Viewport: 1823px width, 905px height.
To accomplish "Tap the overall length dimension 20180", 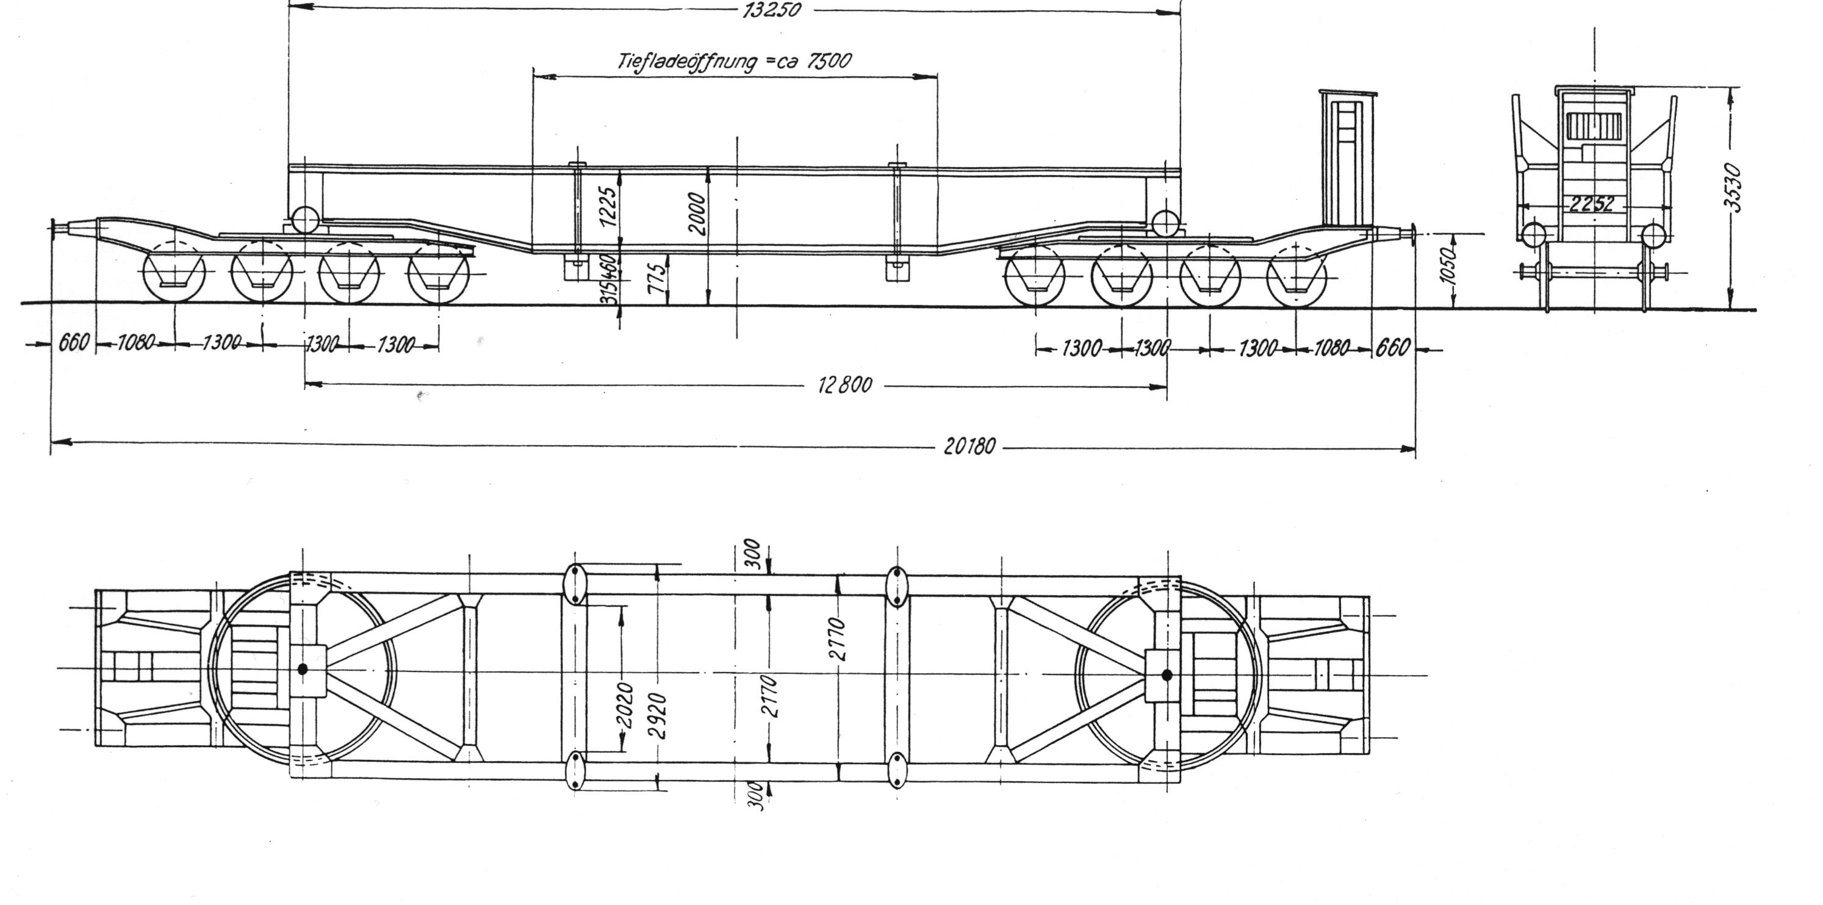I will tap(969, 446).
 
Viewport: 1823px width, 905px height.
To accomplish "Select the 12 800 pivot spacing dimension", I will tap(845, 385).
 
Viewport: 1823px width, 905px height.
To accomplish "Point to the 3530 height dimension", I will tap(1734, 187).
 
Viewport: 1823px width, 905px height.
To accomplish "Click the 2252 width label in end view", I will tap(1592, 204).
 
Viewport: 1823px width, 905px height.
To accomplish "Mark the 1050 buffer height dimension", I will tap(1450, 266).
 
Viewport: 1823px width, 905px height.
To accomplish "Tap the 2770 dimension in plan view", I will tap(840, 639).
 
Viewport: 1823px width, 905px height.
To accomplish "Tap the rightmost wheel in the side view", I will tap(1296, 277).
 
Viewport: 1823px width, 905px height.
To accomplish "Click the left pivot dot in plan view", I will tap(303, 668).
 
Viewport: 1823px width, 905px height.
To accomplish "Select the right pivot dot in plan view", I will tap(1167, 674).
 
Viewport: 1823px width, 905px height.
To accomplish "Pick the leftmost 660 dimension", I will tap(74, 343).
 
